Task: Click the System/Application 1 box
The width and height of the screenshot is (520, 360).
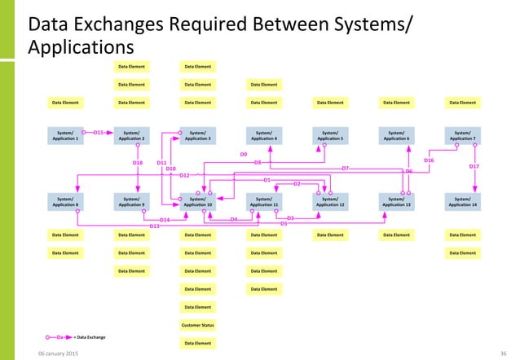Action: [x=65, y=135]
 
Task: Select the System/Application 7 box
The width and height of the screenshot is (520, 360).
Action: [x=462, y=135]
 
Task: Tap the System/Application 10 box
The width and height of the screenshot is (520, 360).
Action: [x=197, y=201]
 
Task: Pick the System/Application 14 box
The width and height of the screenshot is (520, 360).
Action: [x=462, y=201]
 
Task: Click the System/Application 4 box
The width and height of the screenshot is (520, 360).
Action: [x=263, y=135]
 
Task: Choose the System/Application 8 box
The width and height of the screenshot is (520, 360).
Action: [x=65, y=201]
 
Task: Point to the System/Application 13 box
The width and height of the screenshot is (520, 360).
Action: [x=396, y=201]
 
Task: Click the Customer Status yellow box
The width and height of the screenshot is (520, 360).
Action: [x=197, y=325]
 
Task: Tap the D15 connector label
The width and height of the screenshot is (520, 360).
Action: [x=98, y=131]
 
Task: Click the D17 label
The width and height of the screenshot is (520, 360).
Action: [x=474, y=166]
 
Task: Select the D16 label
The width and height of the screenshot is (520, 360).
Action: [x=429, y=160]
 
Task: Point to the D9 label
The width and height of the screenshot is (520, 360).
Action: [x=243, y=154]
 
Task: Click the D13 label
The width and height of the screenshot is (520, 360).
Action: [x=154, y=226]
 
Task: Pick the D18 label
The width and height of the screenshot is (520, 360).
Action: [x=138, y=163]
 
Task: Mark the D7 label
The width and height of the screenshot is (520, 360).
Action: [x=345, y=168]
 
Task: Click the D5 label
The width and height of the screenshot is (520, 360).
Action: [x=284, y=223]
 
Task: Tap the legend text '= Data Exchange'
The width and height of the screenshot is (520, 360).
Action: [x=90, y=336]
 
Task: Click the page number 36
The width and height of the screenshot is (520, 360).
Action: [x=503, y=353]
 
